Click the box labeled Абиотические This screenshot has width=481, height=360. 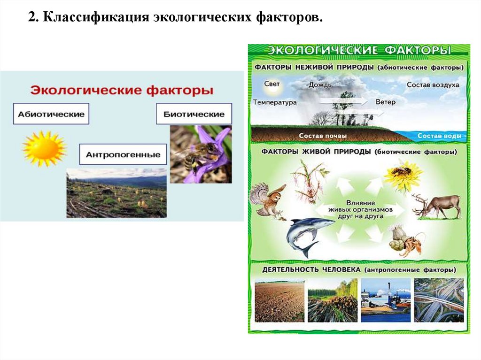click(51, 114)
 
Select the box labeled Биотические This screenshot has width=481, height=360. click(194, 114)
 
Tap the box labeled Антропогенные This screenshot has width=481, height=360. click(123, 154)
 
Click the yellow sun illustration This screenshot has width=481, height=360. click(44, 148)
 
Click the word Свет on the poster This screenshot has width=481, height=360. click(272, 84)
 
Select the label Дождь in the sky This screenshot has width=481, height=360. click(320, 85)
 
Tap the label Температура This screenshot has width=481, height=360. click(275, 102)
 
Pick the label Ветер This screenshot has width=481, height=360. click(386, 101)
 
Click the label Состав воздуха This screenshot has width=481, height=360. click(433, 85)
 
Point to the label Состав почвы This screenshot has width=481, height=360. click(323, 136)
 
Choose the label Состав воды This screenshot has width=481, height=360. click(439, 136)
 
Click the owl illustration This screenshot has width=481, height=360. click(267, 200)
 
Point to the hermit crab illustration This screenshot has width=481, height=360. click(404, 240)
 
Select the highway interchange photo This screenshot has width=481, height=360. click(439, 300)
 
